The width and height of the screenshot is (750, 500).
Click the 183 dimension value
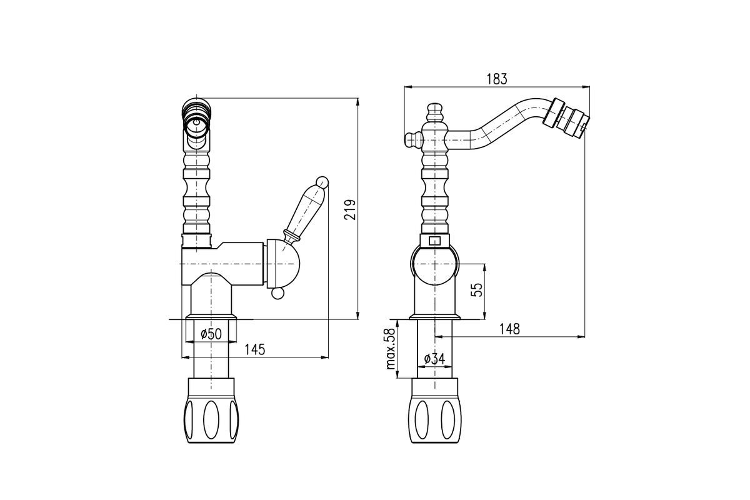[497, 79]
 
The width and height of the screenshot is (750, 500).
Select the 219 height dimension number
[350, 209]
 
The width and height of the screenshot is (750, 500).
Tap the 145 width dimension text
[254, 349]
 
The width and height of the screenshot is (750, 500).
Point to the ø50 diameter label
[211, 334]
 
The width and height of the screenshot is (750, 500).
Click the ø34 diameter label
[434, 359]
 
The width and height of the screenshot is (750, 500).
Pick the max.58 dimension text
[391, 348]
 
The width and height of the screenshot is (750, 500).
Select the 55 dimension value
[477, 290]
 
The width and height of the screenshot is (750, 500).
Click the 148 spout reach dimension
[509, 329]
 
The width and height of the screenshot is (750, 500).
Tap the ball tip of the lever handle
[322, 182]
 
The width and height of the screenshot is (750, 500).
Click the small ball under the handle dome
[277, 293]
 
